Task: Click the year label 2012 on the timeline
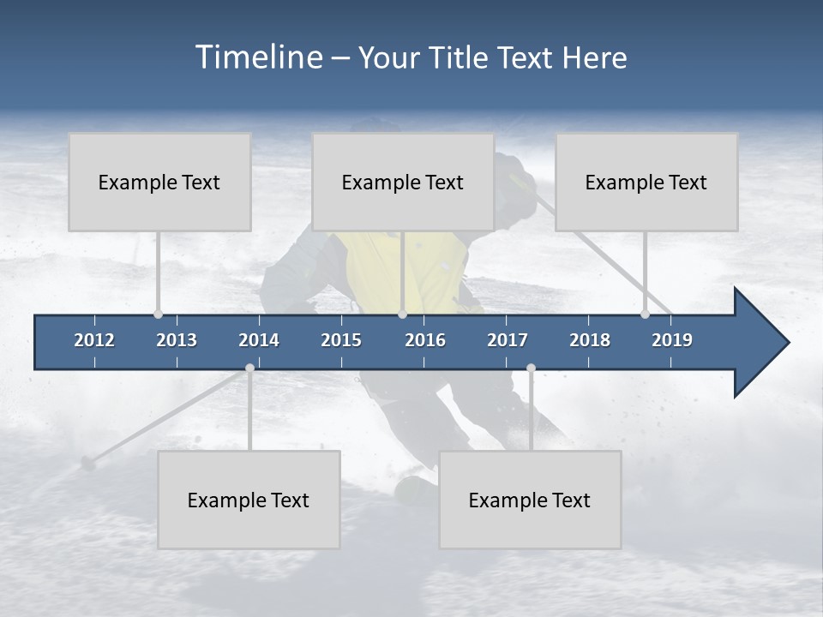pyautogui.click(x=94, y=340)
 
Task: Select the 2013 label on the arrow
pyautogui.click(x=177, y=340)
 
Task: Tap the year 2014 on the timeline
pyautogui.click(x=259, y=340)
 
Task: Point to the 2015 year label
pyautogui.click(x=341, y=340)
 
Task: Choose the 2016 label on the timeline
pyautogui.click(x=425, y=340)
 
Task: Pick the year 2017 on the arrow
pyautogui.click(x=508, y=340)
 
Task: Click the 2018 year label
pyautogui.click(x=590, y=340)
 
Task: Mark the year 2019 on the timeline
pyautogui.click(x=672, y=340)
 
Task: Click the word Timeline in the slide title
pyautogui.click(x=257, y=57)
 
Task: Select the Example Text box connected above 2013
pyautogui.click(x=159, y=182)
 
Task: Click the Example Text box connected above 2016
pyautogui.click(x=403, y=182)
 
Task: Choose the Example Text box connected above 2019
pyautogui.click(x=646, y=182)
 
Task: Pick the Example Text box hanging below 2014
pyautogui.click(x=249, y=500)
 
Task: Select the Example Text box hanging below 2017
pyautogui.click(x=530, y=500)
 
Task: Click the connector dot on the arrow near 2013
pyautogui.click(x=158, y=314)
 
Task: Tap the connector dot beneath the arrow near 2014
pyautogui.click(x=249, y=368)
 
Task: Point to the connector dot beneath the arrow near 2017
pyautogui.click(x=531, y=368)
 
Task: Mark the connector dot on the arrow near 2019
pyautogui.click(x=645, y=314)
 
